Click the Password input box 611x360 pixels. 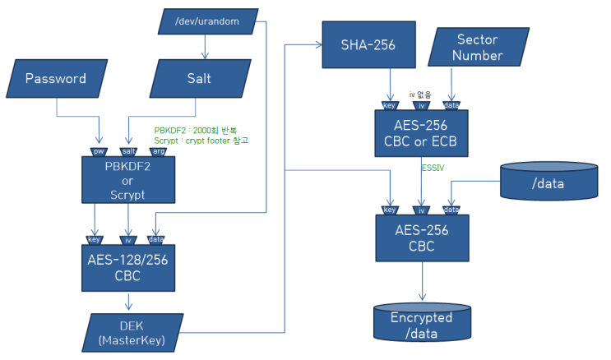56,80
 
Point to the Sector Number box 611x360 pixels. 477,47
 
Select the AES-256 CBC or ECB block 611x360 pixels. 421,132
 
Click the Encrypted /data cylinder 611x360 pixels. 421,325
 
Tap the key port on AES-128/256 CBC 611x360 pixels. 95,240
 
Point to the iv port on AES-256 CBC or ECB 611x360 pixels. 420,105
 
